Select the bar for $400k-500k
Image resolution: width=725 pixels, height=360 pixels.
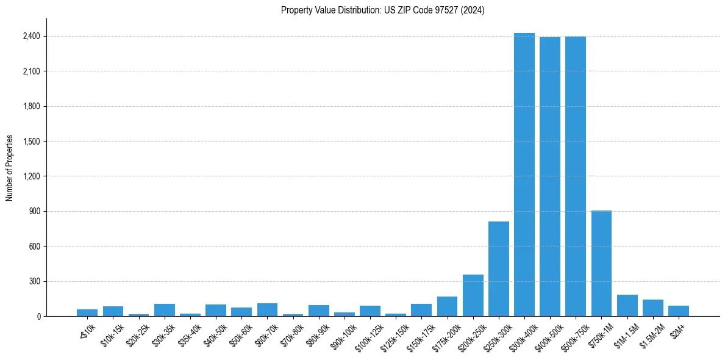click(550, 177)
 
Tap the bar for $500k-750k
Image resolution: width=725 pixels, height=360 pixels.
click(576, 176)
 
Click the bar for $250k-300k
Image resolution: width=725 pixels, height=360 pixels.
click(499, 269)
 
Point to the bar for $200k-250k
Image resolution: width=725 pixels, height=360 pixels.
click(473, 295)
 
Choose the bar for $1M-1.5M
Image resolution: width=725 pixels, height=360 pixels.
click(627, 306)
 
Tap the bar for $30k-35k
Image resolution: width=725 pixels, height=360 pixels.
click(165, 310)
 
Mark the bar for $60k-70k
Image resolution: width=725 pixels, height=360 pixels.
click(267, 310)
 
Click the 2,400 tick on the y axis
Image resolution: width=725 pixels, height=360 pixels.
click(32, 37)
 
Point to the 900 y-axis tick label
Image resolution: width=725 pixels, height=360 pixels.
click(34, 212)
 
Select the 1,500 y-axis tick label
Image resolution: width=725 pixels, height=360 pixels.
click(32, 142)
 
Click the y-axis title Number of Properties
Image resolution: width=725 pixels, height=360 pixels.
click(10, 168)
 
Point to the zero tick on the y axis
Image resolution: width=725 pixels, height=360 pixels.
click(38, 317)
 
